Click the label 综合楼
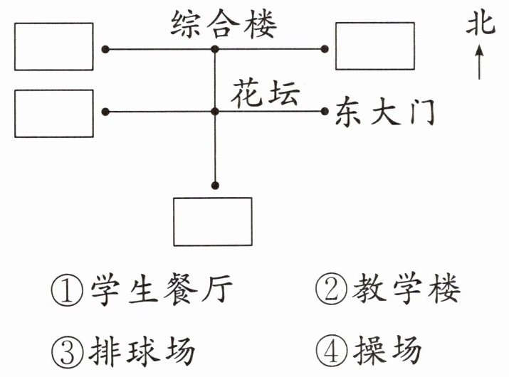pyautogui.click(x=224, y=24)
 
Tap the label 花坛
pyautogui.click(x=265, y=94)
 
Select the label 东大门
pyautogui.click(x=384, y=112)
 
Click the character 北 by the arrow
pyautogui.click(x=481, y=24)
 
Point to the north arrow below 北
pyautogui.click(x=480, y=62)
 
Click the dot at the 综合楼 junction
pyautogui.click(x=215, y=49)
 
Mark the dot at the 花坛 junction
pyautogui.click(x=215, y=112)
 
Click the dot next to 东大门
pyautogui.click(x=325, y=111)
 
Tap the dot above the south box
pyautogui.click(x=215, y=186)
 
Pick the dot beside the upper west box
pyautogui.click(x=105, y=49)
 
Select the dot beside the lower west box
pyautogui.click(x=105, y=112)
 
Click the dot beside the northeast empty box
pyautogui.click(x=325, y=49)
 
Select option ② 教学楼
pyautogui.click(x=388, y=289)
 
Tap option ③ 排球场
pyautogui.click(x=123, y=351)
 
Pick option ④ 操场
pyautogui.click(x=369, y=350)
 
